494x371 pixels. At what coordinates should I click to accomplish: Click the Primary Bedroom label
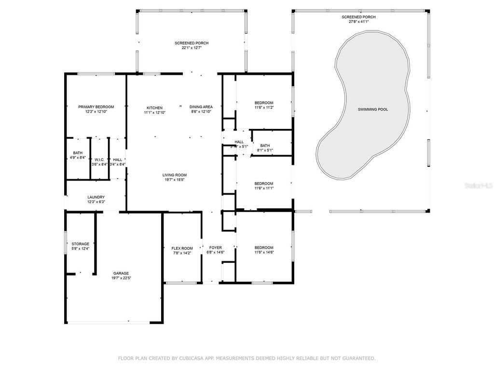click(x=96, y=107)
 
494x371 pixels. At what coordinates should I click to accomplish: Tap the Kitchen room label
click(x=154, y=108)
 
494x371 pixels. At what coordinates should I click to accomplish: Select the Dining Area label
click(x=201, y=107)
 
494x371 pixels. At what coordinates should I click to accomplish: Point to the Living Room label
click(x=174, y=175)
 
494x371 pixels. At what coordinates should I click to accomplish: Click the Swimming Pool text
click(x=372, y=109)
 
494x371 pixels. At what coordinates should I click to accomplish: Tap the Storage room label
click(x=80, y=244)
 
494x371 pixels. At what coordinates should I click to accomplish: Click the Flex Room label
click(x=182, y=248)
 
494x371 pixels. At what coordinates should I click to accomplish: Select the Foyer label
click(x=215, y=248)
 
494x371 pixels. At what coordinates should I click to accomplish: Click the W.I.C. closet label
click(x=99, y=160)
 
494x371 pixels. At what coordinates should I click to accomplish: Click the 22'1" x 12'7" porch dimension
click(x=192, y=48)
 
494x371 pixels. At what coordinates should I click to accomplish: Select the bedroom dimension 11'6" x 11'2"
click(x=264, y=107)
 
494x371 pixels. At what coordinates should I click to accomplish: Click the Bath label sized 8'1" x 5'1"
click(x=265, y=145)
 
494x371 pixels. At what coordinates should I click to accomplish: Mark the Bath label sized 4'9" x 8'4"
click(x=78, y=153)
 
